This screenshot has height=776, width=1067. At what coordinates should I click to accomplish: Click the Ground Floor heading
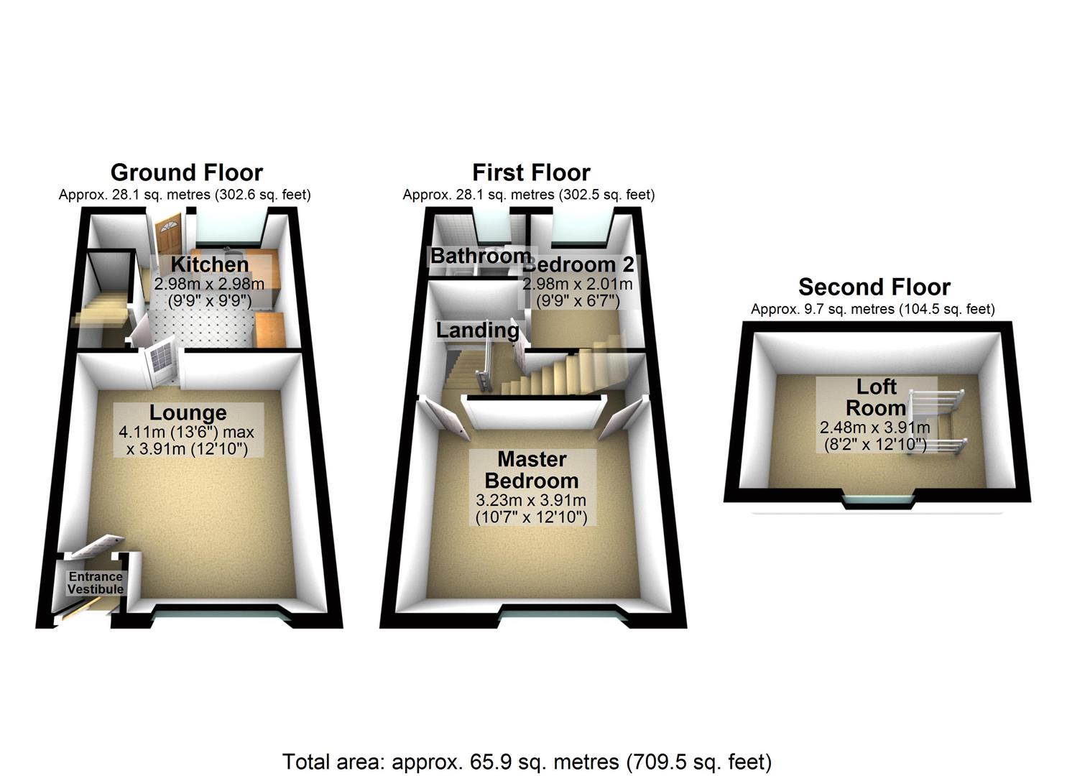[186, 172]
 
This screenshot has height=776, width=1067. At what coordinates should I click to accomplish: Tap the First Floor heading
[531, 172]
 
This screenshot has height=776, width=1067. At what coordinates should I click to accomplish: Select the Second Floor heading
[874, 287]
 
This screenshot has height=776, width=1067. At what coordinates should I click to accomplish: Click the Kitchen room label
[209, 264]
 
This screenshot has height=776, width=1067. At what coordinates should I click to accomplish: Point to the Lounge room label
[188, 412]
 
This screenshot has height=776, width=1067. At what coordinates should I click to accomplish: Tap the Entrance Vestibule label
[96, 583]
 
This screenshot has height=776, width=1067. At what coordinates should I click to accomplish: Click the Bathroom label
[480, 256]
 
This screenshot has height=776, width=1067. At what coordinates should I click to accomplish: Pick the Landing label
[477, 331]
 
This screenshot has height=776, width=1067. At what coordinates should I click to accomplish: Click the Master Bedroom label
[531, 470]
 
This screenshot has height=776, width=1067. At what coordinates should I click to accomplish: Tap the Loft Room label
[876, 397]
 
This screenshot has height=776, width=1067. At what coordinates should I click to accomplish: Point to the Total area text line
[527, 762]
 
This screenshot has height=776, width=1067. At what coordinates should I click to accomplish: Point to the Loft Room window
[878, 501]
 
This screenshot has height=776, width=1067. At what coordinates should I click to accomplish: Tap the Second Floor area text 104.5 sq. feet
[948, 310]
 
